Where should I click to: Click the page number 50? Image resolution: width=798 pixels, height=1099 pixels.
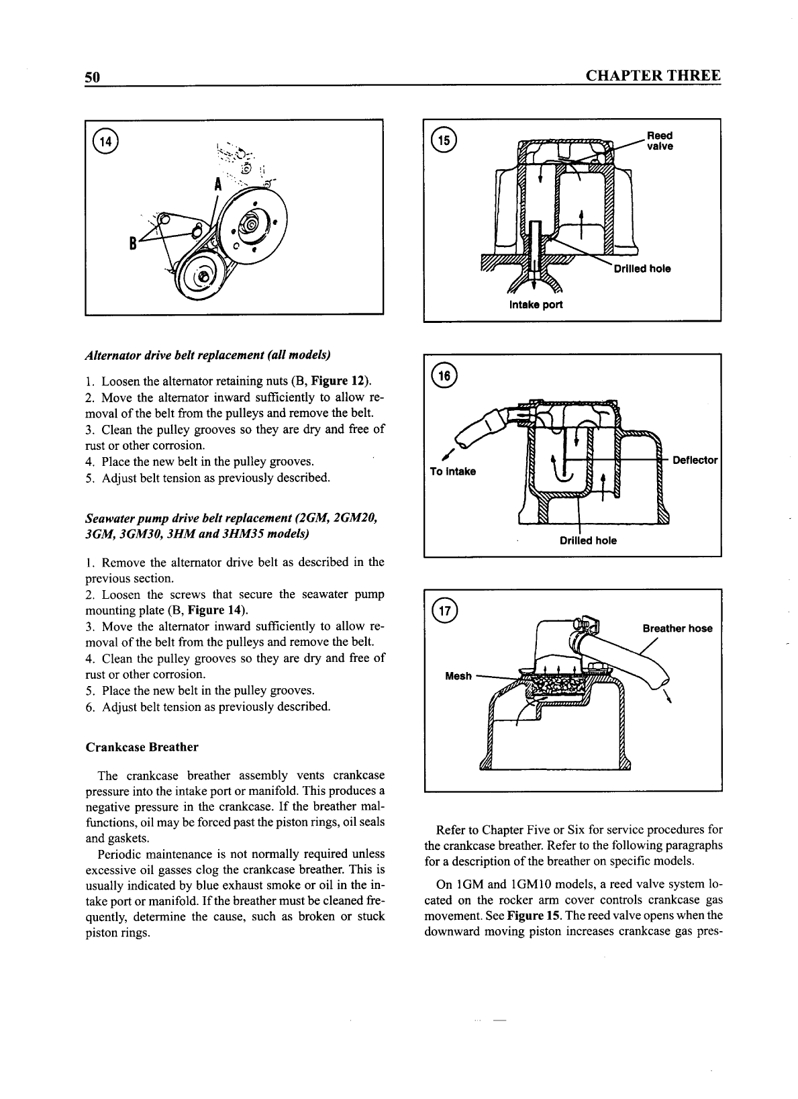coord(92,77)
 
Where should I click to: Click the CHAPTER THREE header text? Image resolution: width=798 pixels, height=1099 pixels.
coord(653,76)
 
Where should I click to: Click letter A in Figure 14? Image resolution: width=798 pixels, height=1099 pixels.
coord(218,186)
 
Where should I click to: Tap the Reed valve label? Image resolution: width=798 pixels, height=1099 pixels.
coord(659,141)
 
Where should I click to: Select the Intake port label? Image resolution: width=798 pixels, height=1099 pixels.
coord(536,305)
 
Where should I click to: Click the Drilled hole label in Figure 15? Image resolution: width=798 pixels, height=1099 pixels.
coord(642,269)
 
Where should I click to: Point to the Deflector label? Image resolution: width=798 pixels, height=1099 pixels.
coord(695,461)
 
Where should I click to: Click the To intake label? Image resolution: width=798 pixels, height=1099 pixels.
coord(452,471)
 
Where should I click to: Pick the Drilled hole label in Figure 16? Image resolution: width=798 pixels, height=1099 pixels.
coord(588,540)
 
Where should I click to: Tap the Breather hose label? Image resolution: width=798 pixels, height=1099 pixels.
coord(677,628)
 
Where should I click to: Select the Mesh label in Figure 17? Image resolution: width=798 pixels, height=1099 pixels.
coord(458,676)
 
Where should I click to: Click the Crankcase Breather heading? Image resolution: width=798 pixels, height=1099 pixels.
coord(142,747)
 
